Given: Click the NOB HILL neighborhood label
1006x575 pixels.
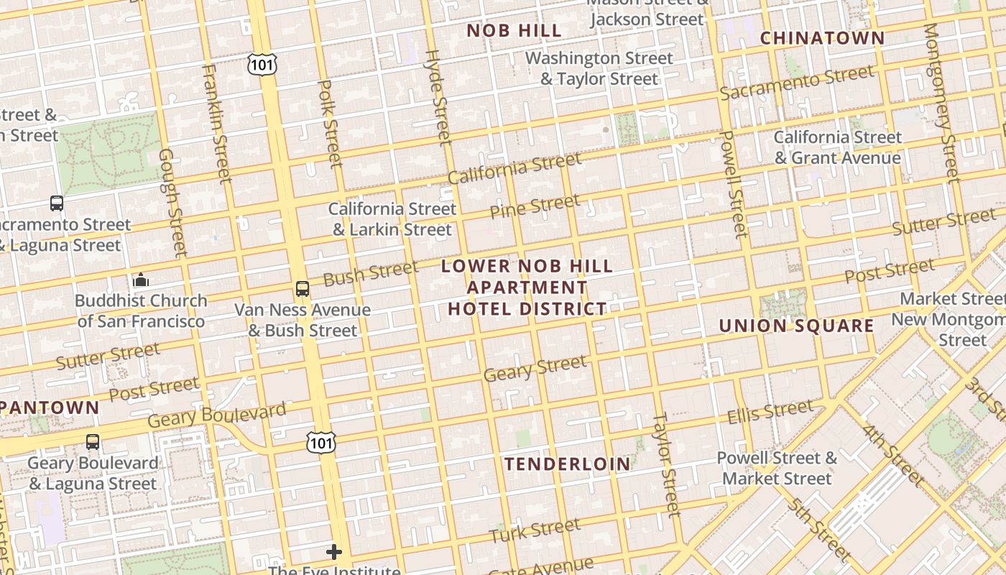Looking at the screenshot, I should click(x=514, y=30).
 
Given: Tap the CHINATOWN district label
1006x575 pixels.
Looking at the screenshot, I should click(x=822, y=38).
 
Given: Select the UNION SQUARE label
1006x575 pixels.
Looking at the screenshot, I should click(x=796, y=326).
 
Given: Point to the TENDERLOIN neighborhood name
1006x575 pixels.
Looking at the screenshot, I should click(x=568, y=464).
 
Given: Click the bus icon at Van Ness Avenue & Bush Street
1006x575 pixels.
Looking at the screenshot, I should click(x=303, y=289).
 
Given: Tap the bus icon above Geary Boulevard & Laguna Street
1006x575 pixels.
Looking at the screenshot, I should click(x=93, y=441).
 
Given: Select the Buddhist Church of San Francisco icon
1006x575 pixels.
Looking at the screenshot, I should click(x=141, y=279).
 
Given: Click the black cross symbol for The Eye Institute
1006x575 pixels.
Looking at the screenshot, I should click(x=334, y=552).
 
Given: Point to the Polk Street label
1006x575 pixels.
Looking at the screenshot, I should click(x=331, y=123).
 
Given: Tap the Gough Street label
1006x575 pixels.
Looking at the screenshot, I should click(x=173, y=203).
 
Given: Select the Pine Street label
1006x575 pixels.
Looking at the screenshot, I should click(x=535, y=206).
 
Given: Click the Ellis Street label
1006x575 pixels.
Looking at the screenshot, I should click(x=770, y=413).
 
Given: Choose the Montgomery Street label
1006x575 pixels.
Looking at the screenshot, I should click(x=941, y=103).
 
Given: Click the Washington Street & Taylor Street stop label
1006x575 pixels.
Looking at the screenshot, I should click(x=599, y=68).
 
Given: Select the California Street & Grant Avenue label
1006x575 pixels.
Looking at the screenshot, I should click(x=837, y=147).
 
